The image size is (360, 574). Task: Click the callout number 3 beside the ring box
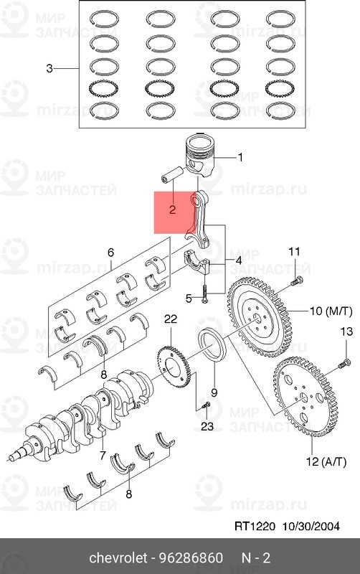[x=49, y=68]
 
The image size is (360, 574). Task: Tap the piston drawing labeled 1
[x=200, y=155]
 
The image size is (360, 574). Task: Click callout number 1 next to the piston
[x=240, y=157]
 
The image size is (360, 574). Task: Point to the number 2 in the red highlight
[x=172, y=210]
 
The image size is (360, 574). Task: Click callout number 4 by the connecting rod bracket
[x=238, y=261]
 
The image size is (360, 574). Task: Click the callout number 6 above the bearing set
[x=110, y=253]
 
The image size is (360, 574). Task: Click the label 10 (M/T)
[x=331, y=311]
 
